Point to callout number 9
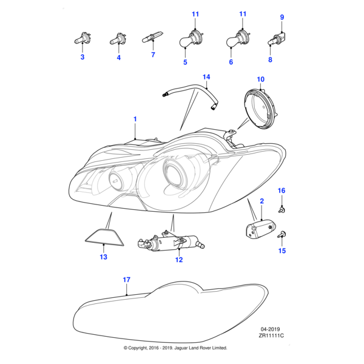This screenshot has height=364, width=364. pyautogui.click(x=281, y=17)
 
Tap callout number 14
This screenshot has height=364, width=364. pyautogui.click(x=206, y=77)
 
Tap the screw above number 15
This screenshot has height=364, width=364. pyautogui.click(x=282, y=234)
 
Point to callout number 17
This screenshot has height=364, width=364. pyautogui.click(x=126, y=280)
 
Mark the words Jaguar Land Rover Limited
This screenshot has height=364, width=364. pyautogui.click(x=200, y=348)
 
